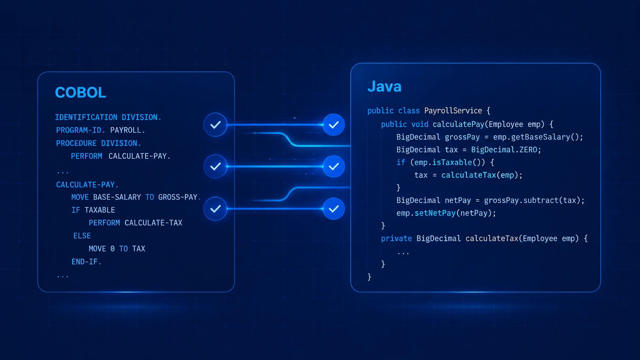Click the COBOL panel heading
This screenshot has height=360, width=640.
pyautogui.click(x=80, y=93)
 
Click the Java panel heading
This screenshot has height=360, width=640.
pyautogui.click(x=384, y=86)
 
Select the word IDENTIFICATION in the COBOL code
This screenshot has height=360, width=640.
pyautogui.click(x=86, y=117)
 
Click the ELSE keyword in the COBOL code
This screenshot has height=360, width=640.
pyautogui.click(x=82, y=236)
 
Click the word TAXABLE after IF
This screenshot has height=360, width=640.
pyautogui.click(x=100, y=210)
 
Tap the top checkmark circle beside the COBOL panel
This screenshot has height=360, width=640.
pyautogui.click(x=216, y=125)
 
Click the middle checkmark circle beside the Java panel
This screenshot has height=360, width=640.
pyautogui.click(x=333, y=166)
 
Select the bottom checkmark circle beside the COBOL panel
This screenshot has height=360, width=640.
pyautogui.click(x=216, y=209)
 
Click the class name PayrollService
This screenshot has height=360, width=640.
pyautogui.click(x=453, y=111)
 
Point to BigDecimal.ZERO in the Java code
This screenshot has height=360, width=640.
pyautogui.click(x=504, y=150)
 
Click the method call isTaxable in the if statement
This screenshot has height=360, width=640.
pyautogui.click(x=452, y=163)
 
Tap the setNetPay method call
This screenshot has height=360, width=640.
pyautogui.click(x=435, y=213)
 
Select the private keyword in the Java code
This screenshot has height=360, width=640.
pyautogui.click(x=396, y=239)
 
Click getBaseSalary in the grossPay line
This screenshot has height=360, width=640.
pyautogui.click(x=540, y=137)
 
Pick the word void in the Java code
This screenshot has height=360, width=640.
pyautogui.click(x=420, y=124)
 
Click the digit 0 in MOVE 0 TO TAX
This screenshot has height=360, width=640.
pyautogui.click(x=113, y=249)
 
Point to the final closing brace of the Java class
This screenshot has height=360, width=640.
pyautogui.click(x=369, y=277)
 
